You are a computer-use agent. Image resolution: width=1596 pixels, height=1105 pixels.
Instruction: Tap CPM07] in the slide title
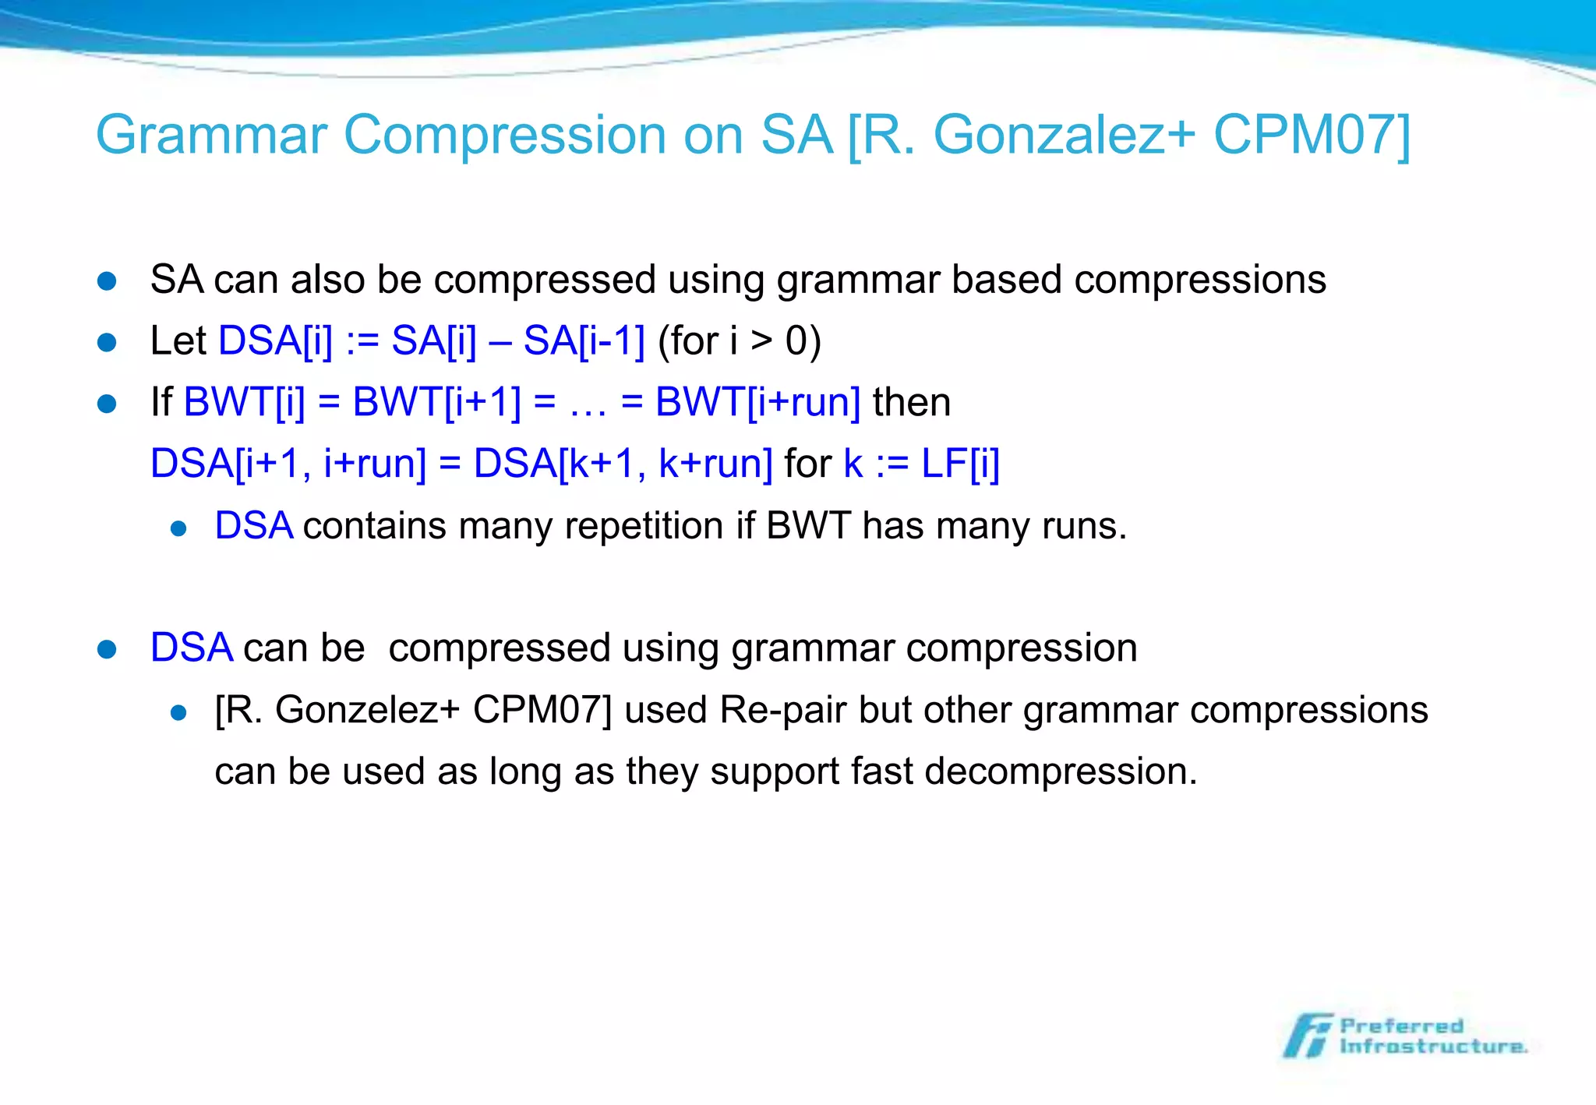click(1312, 136)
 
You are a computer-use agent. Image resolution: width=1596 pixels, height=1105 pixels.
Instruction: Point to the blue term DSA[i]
click(275, 341)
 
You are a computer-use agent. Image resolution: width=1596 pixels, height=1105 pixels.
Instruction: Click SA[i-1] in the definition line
click(584, 341)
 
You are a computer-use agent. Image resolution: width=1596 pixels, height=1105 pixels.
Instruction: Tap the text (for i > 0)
click(739, 341)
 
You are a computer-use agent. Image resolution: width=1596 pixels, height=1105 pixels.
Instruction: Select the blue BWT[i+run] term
click(757, 402)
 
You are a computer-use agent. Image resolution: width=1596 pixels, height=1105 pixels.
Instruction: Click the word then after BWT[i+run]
click(912, 402)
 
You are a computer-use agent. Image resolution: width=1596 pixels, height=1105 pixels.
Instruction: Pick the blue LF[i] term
click(960, 464)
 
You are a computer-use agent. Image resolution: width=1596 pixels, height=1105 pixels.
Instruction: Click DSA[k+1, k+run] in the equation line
click(623, 464)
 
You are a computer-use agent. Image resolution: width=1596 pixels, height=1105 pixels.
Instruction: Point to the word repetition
click(644, 526)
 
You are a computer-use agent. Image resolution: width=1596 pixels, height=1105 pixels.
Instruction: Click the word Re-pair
click(782, 710)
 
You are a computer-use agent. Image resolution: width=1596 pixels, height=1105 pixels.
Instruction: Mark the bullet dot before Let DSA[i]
click(107, 342)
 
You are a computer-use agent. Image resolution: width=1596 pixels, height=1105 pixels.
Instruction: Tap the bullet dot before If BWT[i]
click(107, 404)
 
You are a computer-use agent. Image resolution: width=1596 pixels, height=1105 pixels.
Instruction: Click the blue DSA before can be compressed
click(191, 648)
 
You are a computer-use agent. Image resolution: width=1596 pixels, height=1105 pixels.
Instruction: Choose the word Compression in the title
click(505, 136)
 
